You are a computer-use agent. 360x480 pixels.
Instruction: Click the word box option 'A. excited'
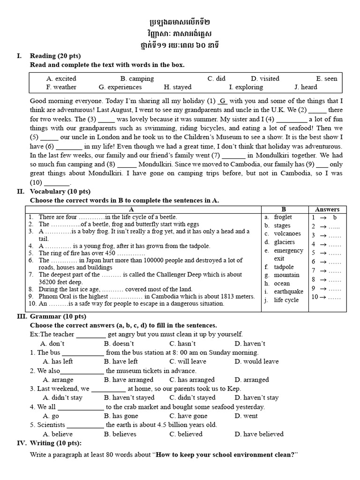pos(61,79)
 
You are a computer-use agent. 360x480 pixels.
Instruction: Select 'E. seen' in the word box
pos(327,79)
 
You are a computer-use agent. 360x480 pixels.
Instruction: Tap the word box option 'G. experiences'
pos(120,87)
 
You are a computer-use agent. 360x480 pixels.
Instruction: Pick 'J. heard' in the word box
pos(306,87)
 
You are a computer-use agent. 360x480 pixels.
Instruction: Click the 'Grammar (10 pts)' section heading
pos(58,316)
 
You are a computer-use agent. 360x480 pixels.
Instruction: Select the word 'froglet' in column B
pos(283,217)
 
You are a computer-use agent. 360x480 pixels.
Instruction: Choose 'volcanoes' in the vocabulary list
pos(287,234)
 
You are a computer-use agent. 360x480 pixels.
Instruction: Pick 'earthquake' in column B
pos(289,292)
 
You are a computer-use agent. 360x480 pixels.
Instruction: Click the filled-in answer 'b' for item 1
pos(335,217)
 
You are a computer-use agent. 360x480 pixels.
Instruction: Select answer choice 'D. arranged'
pos(252,380)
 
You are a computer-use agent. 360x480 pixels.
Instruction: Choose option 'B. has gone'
pos(121,416)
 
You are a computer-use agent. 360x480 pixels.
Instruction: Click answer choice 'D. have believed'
pos(259,434)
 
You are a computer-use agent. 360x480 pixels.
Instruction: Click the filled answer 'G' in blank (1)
pos(223,101)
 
